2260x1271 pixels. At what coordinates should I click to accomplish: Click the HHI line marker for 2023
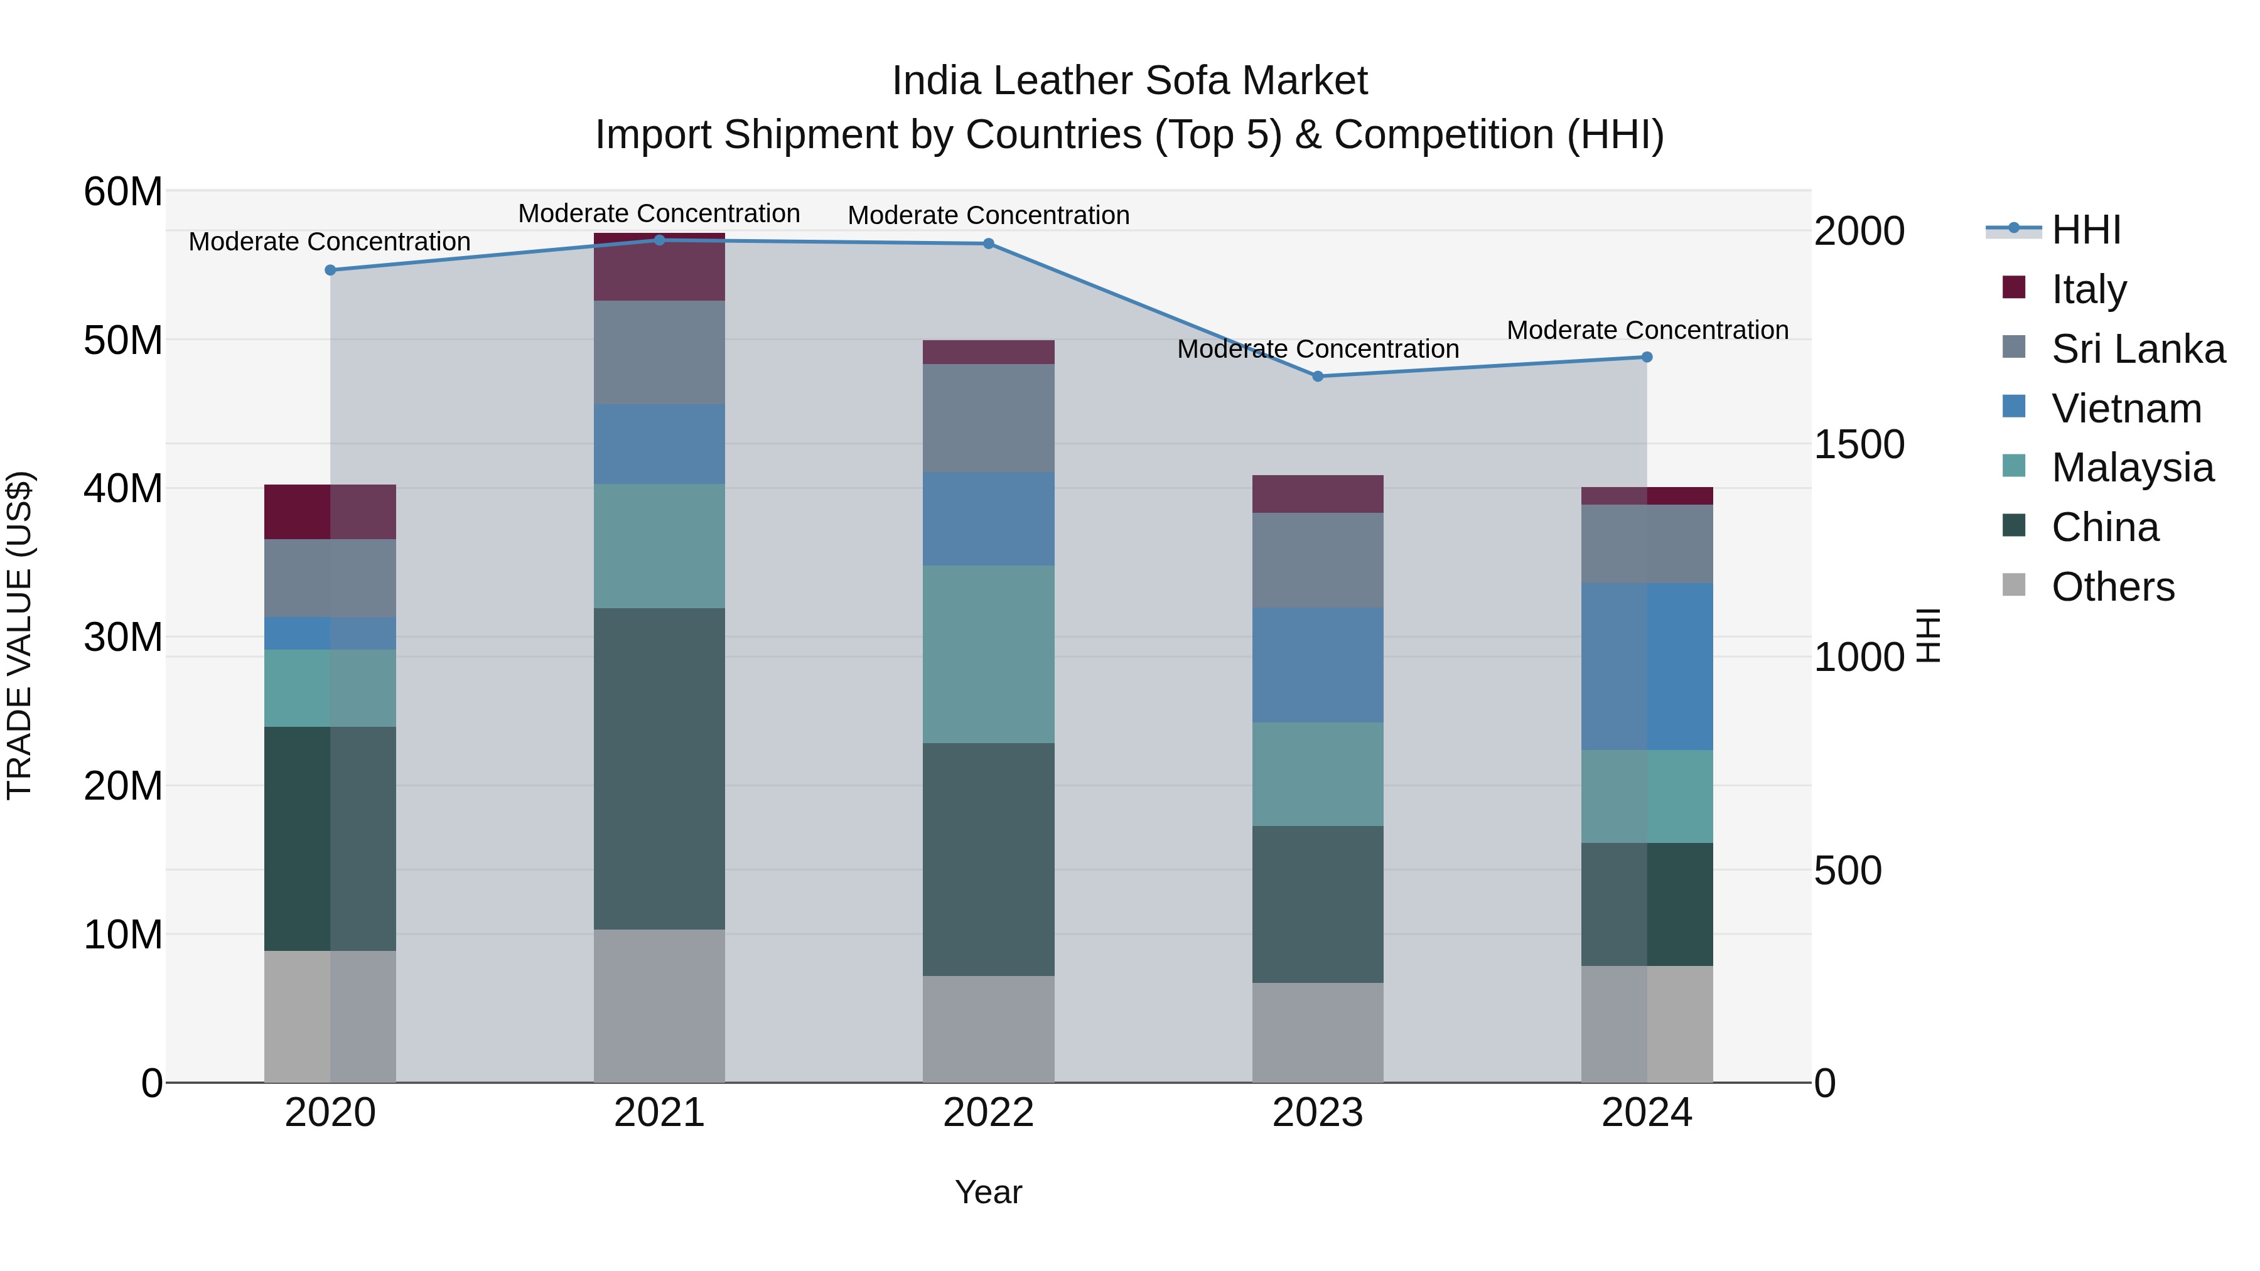[x=1317, y=377]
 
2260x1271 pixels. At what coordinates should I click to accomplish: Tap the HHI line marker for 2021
[x=659, y=240]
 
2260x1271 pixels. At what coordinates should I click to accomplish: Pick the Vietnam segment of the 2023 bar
[x=1317, y=665]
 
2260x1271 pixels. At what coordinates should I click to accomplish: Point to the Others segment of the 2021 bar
[x=659, y=1006]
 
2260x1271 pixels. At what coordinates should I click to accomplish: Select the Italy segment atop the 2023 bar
[x=1317, y=494]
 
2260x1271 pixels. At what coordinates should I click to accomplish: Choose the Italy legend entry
[x=2088, y=289]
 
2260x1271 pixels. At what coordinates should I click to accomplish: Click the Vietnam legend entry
[x=2125, y=408]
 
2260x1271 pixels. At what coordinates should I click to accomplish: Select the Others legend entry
[x=2112, y=587]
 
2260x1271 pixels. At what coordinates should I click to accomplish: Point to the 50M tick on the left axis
[x=123, y=340]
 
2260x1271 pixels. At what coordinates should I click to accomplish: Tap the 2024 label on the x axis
[x=1646, y=1113]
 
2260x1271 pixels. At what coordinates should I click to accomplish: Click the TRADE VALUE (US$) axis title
[x=19, y=635]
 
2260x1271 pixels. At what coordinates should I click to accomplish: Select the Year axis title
[x=988, y=1192]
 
